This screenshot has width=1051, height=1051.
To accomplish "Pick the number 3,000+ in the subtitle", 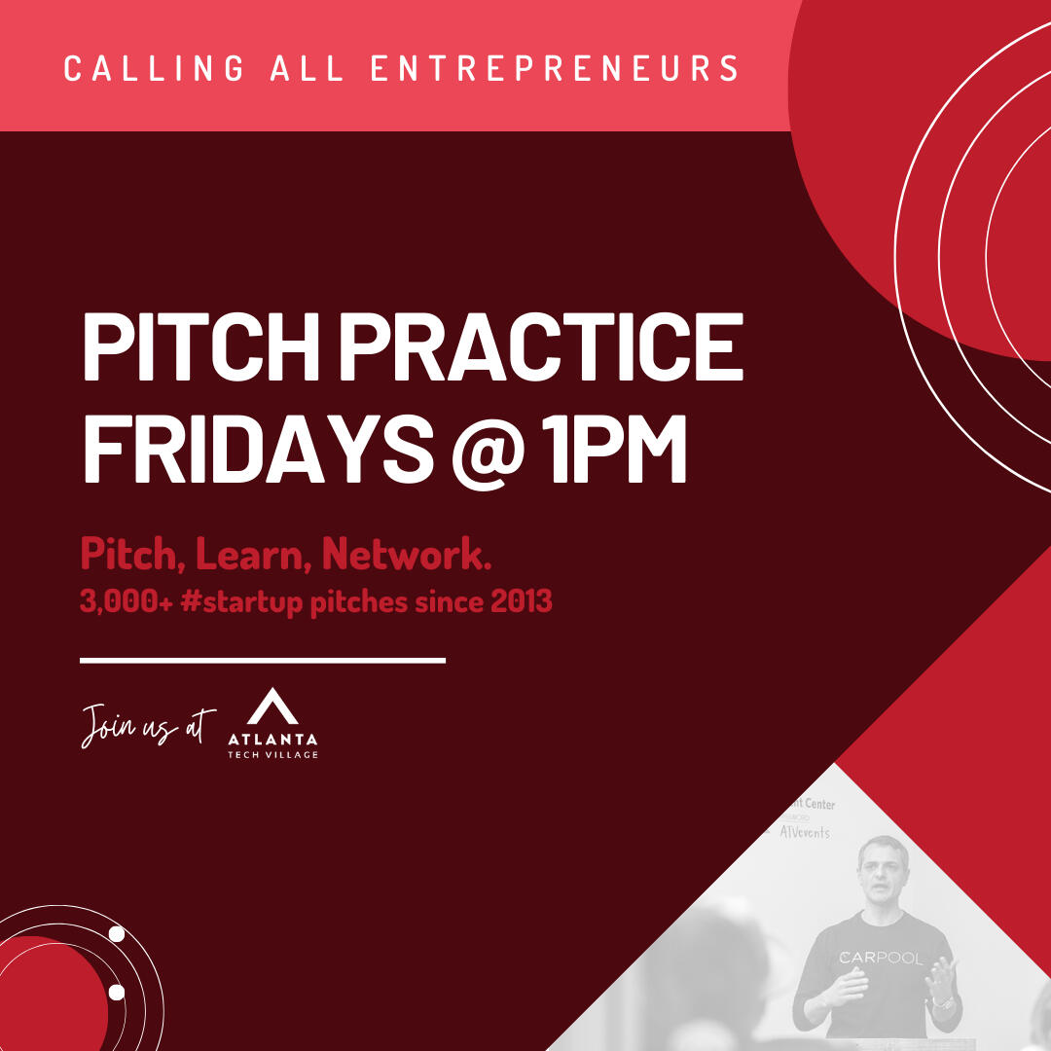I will coord(126,602).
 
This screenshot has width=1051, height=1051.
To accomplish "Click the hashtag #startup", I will coord(241,602).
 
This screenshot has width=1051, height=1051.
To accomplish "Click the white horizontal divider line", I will coord(263,660).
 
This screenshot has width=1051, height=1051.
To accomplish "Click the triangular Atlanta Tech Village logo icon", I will coord(272,706).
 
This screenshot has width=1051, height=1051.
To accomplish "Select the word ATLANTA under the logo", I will coord(272,739).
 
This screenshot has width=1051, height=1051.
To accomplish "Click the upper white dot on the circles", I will coord(117,934).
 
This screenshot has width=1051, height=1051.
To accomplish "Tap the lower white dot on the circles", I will coord(117,993).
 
